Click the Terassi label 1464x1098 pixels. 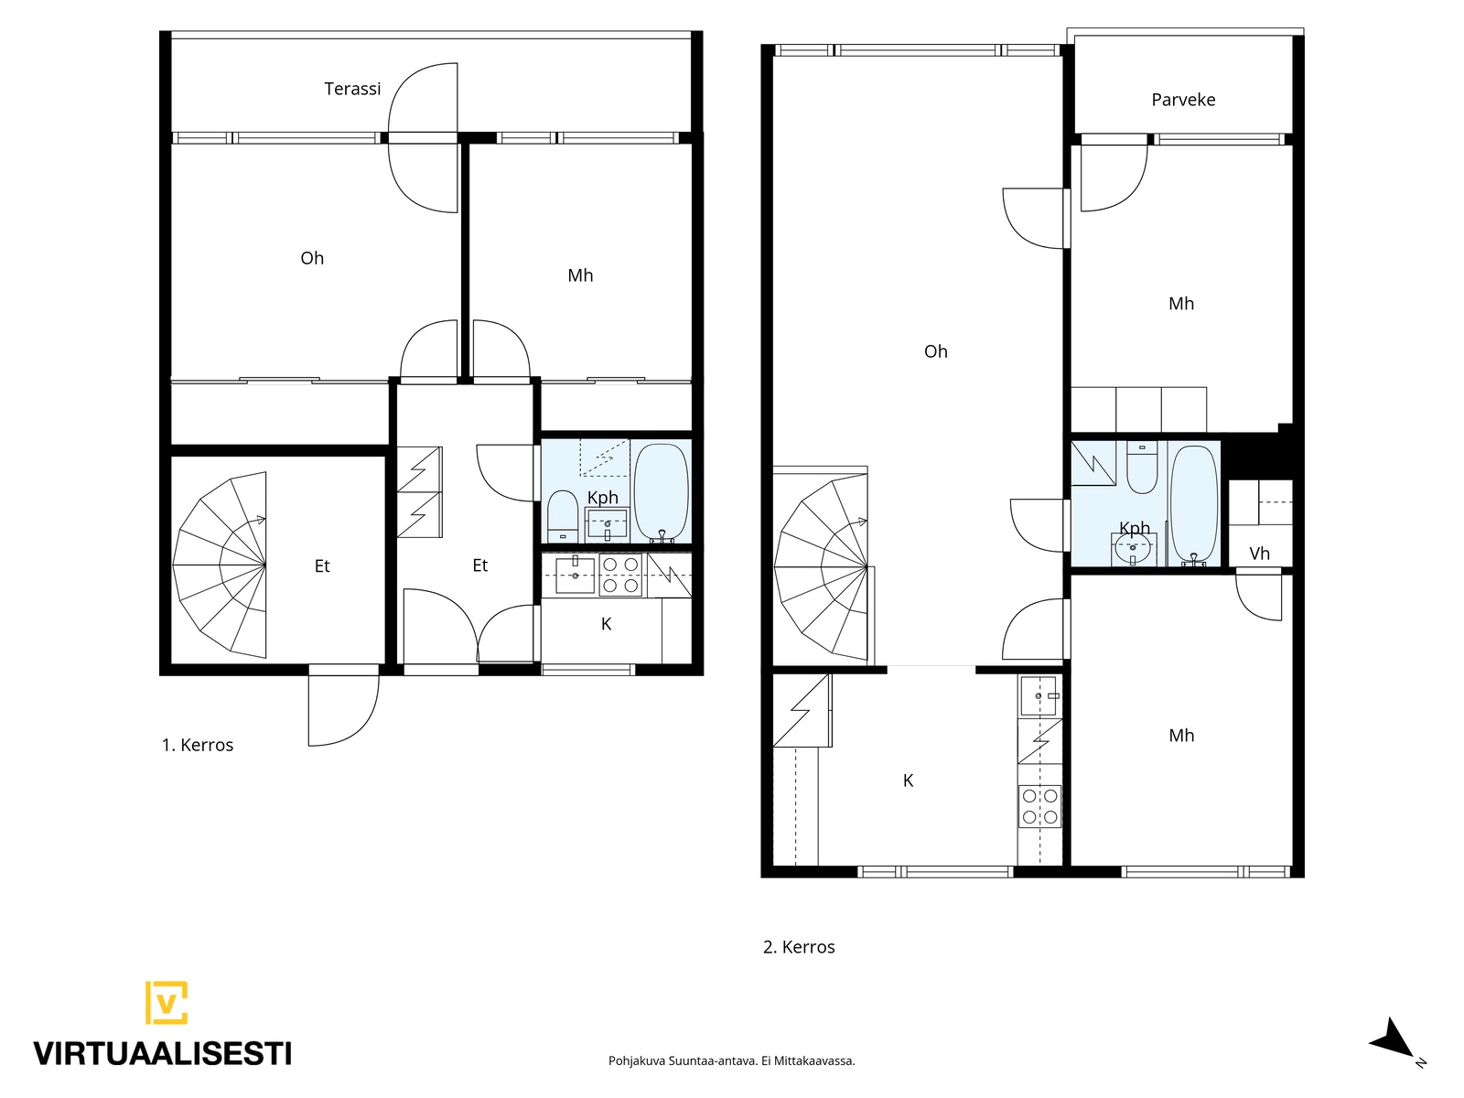pos(352,89)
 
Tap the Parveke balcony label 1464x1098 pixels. pos(1183,100)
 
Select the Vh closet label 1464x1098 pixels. pos(1259,554)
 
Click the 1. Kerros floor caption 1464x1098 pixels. pos(198,745)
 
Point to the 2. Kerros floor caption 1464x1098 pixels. pos(799,947)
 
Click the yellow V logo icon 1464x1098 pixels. pos(167,1002)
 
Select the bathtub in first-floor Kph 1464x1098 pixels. pos(661,493)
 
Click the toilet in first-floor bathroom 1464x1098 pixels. pos(562,517)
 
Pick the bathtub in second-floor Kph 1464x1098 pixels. pos(1194,505)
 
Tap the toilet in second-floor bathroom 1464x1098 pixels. pos(1142,468)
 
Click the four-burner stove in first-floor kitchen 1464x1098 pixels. pos(620,575)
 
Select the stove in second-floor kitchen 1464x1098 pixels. pos(1039,806)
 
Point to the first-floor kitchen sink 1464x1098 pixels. pos(575,576)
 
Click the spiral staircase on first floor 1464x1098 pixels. pos(221,565)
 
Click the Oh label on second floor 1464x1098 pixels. pos(936,351)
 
